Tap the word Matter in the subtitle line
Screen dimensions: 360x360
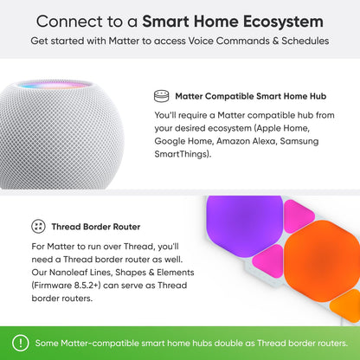tap(127, 41)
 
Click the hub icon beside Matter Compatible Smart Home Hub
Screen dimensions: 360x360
tap(160, 97)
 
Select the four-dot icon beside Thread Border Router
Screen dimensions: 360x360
tap(38, 226)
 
